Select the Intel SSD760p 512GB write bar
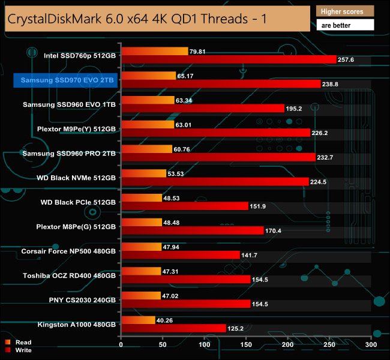tap(229, 59)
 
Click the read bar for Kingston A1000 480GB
tap(138, 320)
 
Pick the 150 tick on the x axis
tap(246, 344)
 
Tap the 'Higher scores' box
tap(344, 11)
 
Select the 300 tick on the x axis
tap(371, 344)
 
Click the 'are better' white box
tap(344, 25)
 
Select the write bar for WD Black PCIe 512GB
tap(184, 206)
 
